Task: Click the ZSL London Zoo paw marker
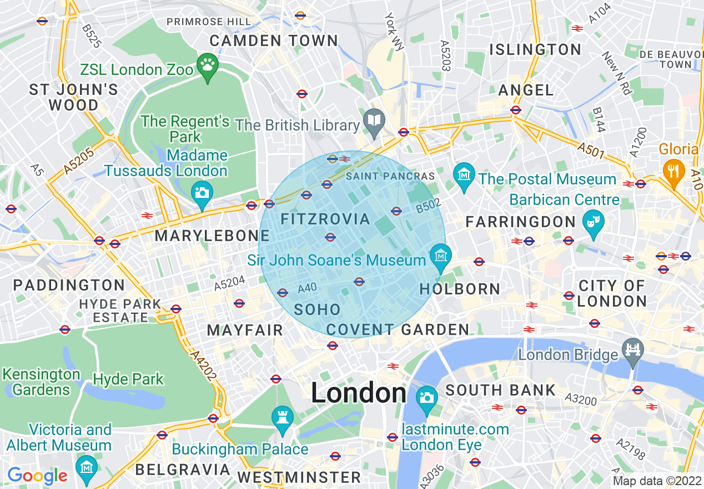pyautogui.click(x=208, y=67)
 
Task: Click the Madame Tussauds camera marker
pyautogui.click(x=202, y=193)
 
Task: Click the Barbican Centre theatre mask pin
pyautogui.click(x=593, y=222)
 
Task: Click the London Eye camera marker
pyautogui.click(x=426, y=398)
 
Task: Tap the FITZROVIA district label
pyautogui.click(x=325, y=219)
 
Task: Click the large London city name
pyautogui.click(x=359, y=393)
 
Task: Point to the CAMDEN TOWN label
pyautogui.click(x=274, y=41)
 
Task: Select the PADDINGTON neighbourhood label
pyautogui.click(x=69, y=286)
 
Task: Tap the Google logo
pyautogui.click(x=37, y=476)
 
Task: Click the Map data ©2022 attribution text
pyautogui.click(x=657, y=481)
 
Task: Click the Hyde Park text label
pyautogui.click(x=128, y=380)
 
